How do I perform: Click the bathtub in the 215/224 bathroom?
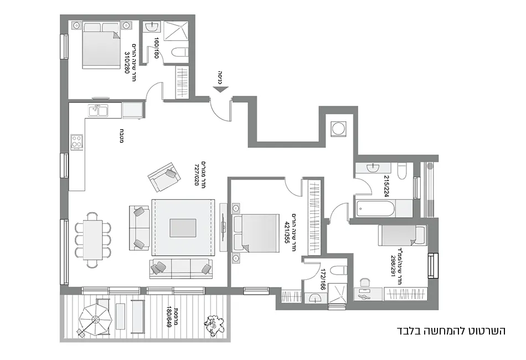(x=376, y=209)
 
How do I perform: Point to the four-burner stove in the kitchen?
(x=76, y=142)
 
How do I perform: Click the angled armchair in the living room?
(x=163, y=176)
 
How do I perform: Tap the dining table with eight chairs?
(x=93, y=236)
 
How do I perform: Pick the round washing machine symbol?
(x=337, y=128)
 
